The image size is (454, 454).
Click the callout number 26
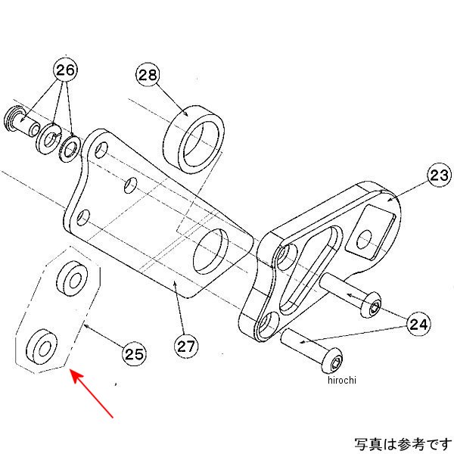pos(65,70)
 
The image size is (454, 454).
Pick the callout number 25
pos(134,352)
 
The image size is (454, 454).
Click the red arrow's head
pos(73,373)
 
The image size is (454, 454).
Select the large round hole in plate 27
pos(212,252)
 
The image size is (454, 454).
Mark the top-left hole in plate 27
pos(101,150)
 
